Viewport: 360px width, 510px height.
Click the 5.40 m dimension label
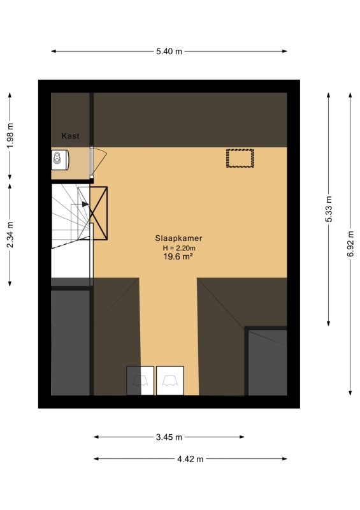(x=169, y=52)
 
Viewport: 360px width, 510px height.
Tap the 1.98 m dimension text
(x=10, y=136)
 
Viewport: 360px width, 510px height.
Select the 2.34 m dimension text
(x=10, y=235)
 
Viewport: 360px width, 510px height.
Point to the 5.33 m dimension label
(x=329, y=209)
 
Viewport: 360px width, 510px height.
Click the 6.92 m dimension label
(x=350, y=244)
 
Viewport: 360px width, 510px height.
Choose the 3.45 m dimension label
(x=169, y=437)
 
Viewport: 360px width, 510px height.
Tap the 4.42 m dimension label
(x=191, y=459)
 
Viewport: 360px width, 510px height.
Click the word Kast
(x=71, y=136)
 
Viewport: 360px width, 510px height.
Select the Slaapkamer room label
(x=178, y=238)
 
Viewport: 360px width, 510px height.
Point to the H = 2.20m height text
(x=179, y=248)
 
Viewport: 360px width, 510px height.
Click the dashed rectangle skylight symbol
(x=240, y=158)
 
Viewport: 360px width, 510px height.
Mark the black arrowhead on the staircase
(x=85, y=204)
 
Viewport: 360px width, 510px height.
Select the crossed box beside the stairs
(x=99, y=214)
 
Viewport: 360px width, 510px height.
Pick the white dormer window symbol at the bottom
(x=170, y=381)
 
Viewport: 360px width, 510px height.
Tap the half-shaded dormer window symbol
(x=140, y=381)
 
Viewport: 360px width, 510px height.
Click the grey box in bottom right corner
(x=268, y=362)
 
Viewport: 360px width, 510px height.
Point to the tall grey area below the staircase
(x=70, y=343)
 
